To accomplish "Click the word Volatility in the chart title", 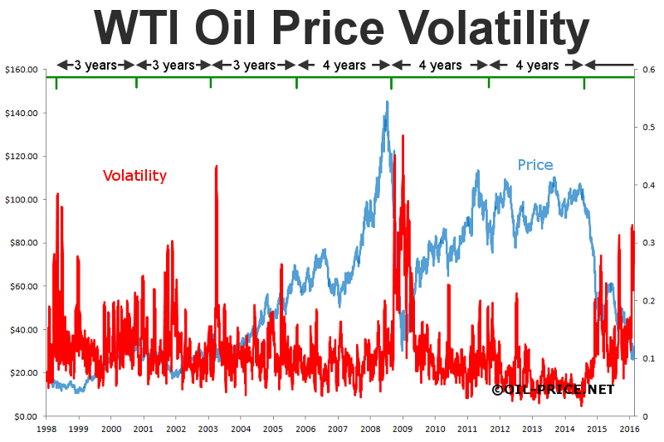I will pos(488,29).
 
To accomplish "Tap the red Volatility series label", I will pos(134,176).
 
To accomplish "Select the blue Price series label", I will pos(535,165).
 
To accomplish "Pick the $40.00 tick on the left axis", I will pos(22,329).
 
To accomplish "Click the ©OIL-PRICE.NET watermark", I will pos(553,389).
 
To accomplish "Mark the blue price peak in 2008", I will pos(387,102).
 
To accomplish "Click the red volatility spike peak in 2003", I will pos(217,166).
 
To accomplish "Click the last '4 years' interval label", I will pos(537,65).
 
